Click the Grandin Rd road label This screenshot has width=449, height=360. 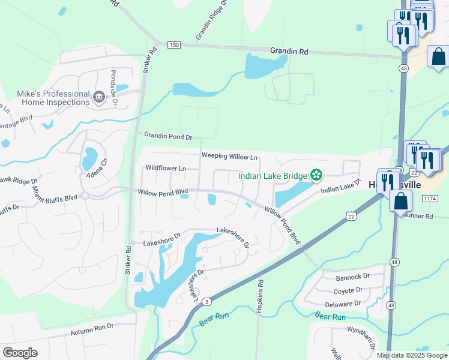click(x=289, y=52)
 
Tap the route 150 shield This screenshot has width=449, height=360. click(x=174, y=45)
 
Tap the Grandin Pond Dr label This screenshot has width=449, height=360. click(x=167, y=137)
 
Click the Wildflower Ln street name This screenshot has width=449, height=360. click(x=166, y=169)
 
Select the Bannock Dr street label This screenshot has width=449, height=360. click(x=352, y=277)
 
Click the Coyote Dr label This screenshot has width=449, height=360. click(x=348, y=290)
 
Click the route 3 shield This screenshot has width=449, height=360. click(x=206, y=301)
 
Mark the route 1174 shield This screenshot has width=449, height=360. click(x=429, y=198)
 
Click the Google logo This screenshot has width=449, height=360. click(x=20, y=353)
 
